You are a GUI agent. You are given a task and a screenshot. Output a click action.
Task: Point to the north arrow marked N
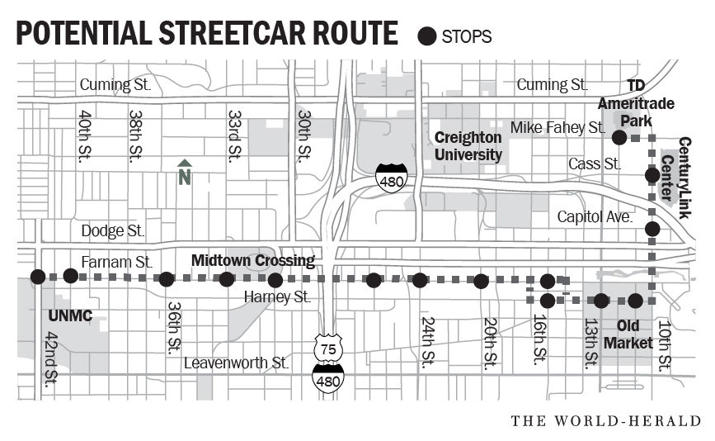point(185,171)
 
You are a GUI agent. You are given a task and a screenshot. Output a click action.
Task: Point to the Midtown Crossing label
point(253,261)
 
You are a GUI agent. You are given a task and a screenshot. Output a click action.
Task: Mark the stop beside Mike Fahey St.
point(619,136)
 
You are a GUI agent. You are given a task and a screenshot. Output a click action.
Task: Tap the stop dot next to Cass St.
point(651,174)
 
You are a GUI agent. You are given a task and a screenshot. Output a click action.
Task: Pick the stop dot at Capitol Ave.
point(652,229)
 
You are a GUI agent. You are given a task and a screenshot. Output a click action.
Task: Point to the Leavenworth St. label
point(236,363)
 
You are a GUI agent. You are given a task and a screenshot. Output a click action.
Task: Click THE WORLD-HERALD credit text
point(605,421)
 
